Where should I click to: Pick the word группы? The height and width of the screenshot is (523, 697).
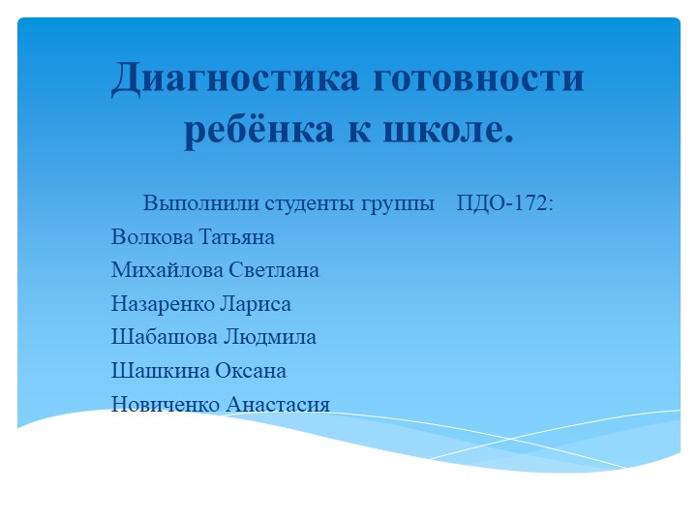coord(399,204)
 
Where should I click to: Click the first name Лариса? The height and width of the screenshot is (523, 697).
coord(257,304)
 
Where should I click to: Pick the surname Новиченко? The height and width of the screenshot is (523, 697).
coord(165,404)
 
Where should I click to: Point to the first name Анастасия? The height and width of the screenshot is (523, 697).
coord(279,404)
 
